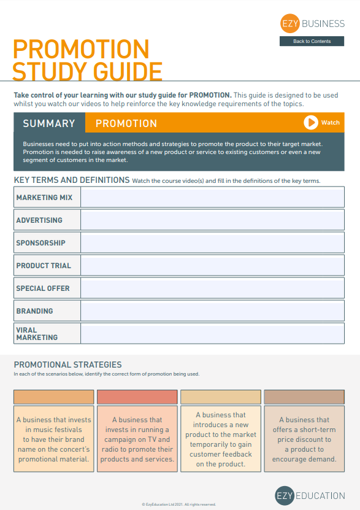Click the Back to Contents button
coord(312,41)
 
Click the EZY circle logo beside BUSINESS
coord(289,24)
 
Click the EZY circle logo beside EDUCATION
coord(285,495)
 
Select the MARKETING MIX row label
coord(44,198)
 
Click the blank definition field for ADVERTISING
coord(212,220)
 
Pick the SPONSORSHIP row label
coord(41,243)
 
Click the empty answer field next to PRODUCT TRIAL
coord(212,265)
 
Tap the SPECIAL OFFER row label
coord(43,288)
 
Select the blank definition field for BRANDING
coord(212,311)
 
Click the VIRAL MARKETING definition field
coord(212,333)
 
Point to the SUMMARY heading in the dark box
coord(49,123)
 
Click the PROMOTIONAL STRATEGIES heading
coord(68,365)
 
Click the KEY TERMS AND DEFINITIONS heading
coord(72,180)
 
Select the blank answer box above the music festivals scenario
coord(54,397)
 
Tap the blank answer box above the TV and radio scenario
coord(137,397)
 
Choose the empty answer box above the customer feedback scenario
coord(221,397)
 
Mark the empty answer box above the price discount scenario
coord(304,397)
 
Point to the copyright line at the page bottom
coord(179,504)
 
